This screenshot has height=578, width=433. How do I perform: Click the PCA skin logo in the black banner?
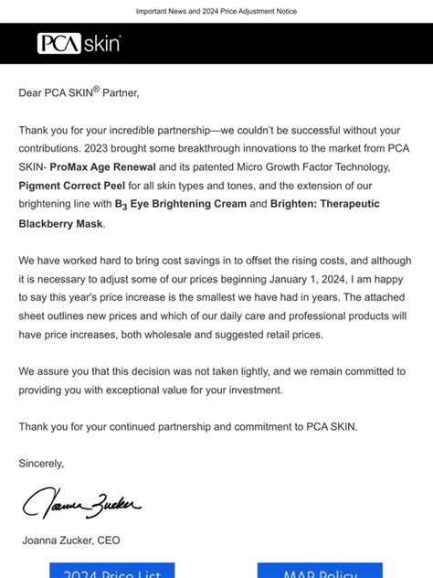[x=79, y=43]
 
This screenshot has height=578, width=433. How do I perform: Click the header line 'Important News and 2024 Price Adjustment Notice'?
[x=216, y=11]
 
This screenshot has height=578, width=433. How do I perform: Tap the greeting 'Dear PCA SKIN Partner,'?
[x=79, y=91]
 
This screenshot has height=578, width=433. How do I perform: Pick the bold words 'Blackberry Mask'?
[x=60, y=222]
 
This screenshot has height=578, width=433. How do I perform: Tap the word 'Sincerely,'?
[x=42, y=463]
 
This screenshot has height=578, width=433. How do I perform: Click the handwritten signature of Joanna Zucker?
[x=82, y=504]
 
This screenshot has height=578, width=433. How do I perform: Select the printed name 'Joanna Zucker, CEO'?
[x=71, y=541]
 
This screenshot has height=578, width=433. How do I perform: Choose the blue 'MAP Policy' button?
[x=319, y=572]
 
